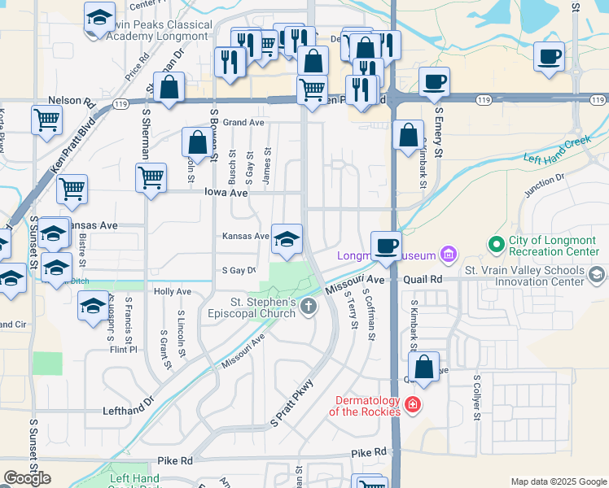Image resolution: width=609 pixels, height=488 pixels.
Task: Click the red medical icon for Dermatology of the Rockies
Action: tap(413, 404)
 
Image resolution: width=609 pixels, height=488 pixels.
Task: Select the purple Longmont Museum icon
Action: tap(448, 255)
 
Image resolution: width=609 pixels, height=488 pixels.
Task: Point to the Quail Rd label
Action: tap(425, 278)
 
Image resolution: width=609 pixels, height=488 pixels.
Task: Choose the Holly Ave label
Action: tap(172, 291)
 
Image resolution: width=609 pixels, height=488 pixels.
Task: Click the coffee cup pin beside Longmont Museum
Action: tap(387, 245)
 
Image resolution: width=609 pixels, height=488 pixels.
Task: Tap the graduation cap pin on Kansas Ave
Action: tap(287, 238)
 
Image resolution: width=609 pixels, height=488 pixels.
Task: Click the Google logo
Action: tap(28, 478)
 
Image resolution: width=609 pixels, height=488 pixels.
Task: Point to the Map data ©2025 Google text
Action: tap(558, 481)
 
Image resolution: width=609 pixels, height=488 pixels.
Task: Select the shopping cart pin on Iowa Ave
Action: tap(151, 177)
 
